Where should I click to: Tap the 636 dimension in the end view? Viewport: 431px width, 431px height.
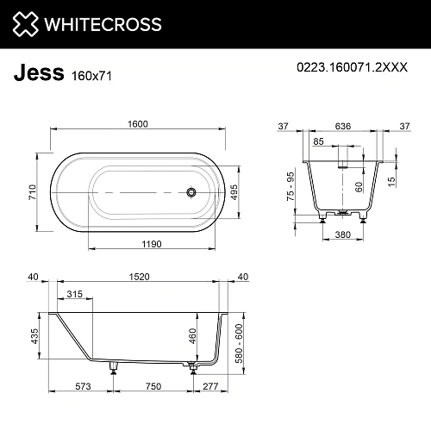(x=344, y=124)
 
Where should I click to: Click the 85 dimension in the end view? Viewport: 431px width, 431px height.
(x=319, y=141)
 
